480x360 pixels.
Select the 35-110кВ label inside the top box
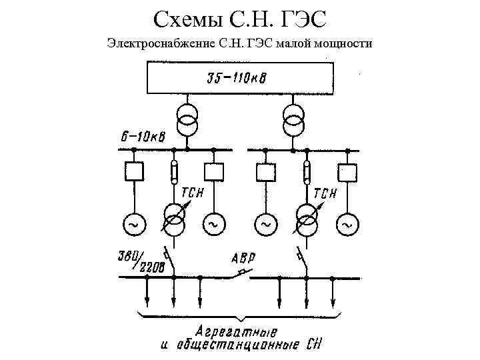click(x=240, y=79)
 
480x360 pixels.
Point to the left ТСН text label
click(x=193, y=193)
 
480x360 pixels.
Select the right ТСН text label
click(x=326, y=193)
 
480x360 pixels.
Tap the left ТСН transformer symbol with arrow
click(x=175, y=219)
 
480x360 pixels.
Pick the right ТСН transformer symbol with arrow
click(x=307, y=219)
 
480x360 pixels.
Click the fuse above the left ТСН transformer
click(x=174, y=171)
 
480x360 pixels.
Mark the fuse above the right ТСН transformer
click(x=307, y=171)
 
